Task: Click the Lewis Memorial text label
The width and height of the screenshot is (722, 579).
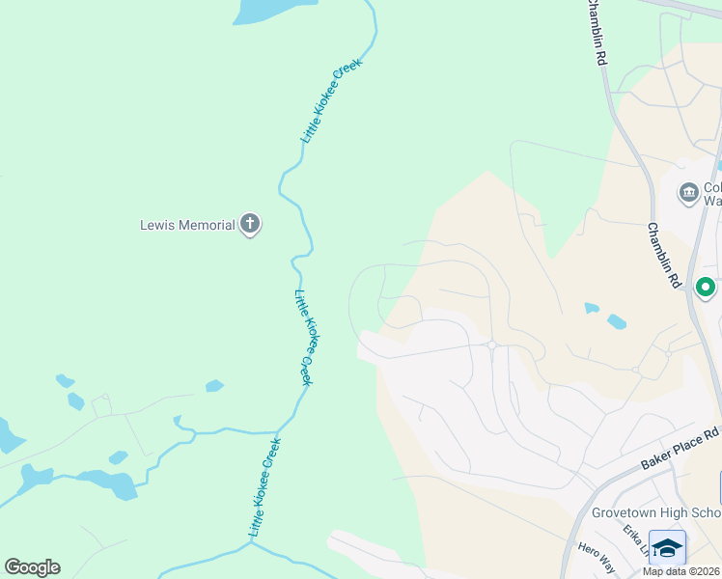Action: point(187,226)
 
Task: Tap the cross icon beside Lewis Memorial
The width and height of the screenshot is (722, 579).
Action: point(250,226)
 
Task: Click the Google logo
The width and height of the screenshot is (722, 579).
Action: point(32,567)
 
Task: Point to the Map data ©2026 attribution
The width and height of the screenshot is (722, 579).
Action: point(681,571)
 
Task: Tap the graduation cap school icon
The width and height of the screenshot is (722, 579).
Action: point(667,547)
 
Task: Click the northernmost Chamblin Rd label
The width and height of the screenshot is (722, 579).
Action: point(597,33)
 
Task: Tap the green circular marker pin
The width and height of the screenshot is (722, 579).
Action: point(706,287)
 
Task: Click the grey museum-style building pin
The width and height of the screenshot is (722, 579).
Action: point(688,191)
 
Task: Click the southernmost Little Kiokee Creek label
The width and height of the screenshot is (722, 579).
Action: point(264,487)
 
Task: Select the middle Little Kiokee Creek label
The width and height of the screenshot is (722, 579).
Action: point(303,338)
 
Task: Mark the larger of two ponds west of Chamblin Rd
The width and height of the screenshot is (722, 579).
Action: point(616,321)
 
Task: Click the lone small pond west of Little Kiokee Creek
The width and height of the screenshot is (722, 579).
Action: point(214,386)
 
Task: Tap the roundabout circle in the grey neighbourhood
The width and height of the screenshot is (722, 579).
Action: point(491,345)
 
